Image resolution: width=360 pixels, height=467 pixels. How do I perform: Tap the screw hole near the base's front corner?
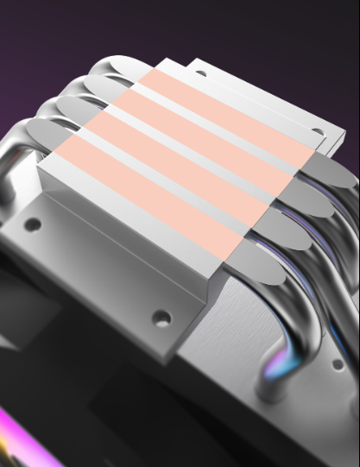click(x=161, y=319)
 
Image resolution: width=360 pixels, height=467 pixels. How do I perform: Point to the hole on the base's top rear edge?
click(x=200, y=73)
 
